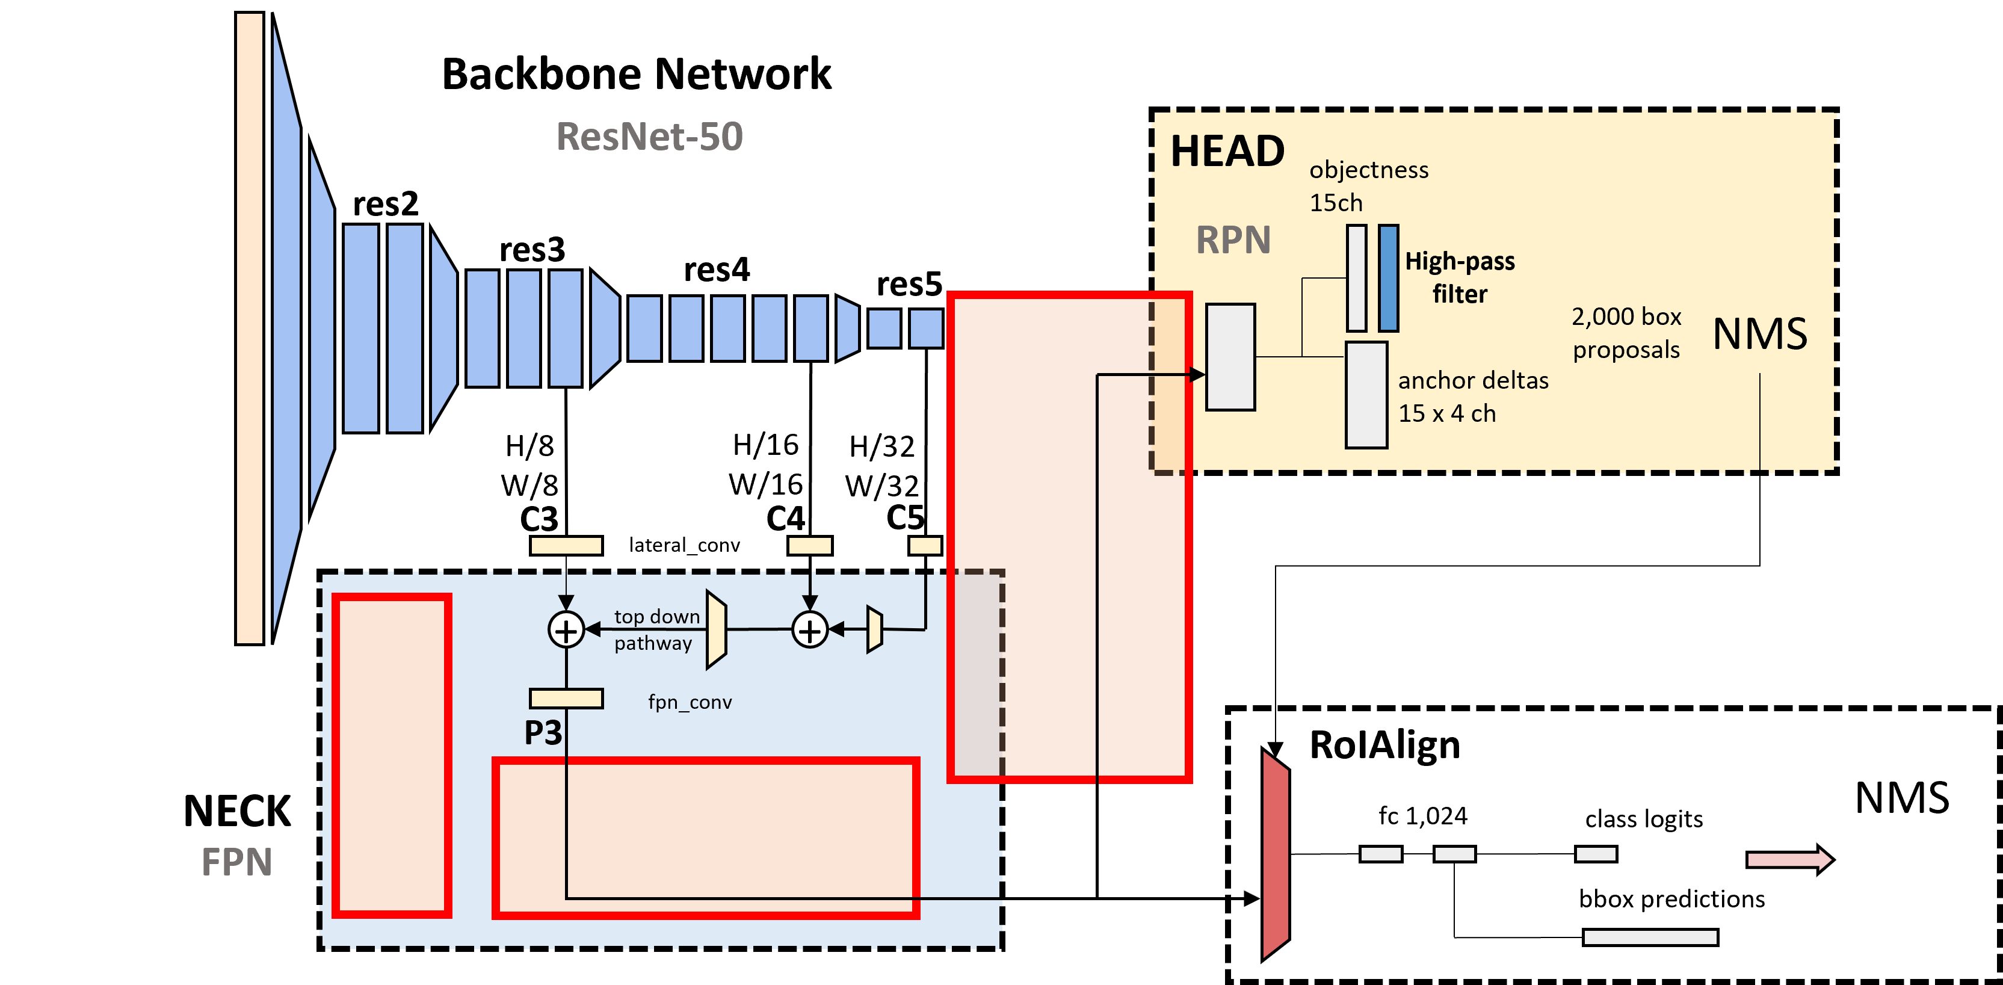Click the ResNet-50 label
[649, 137]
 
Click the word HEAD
[1227, 151]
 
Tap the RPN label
[1232, 239]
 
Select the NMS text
[1760, 335]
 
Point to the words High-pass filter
[1460, 277]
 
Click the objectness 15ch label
[1368, 186]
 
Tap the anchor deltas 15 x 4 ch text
[1472, 397]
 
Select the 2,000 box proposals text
[1626, 333]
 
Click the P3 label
[543, 732]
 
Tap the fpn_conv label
[690, 702]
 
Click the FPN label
[236, 862]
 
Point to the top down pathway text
[655, 630]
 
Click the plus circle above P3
[566, 630]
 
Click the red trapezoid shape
[1275, 854]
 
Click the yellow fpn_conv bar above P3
[566, 698]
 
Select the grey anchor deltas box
[1366, 395]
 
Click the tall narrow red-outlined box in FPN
[392, 756]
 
